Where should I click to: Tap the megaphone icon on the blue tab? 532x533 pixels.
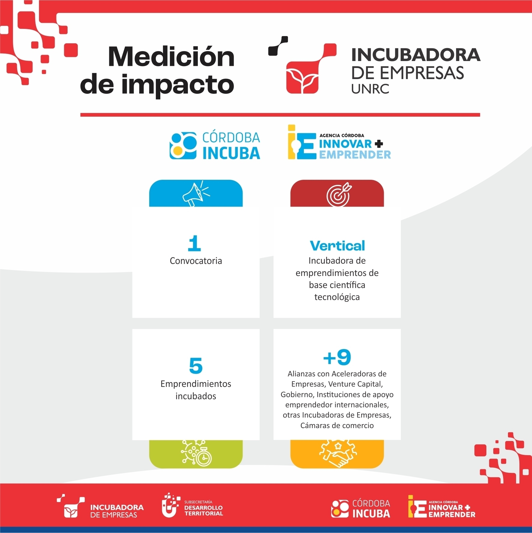coord(196,194)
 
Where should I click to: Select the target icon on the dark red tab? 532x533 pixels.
coord(339,195)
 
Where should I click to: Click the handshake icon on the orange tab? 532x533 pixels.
coord(338,454)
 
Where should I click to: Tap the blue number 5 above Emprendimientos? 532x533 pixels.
coord(196,366)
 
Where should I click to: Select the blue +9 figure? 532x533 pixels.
coord(337,357)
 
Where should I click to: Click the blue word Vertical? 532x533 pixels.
coord(337,246)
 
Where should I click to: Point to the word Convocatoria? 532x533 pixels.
coord(196,261)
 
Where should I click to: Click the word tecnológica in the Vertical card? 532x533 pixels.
coord(337,297)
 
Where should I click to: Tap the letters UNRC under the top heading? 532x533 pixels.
coord(370,89)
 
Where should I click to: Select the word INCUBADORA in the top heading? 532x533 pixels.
coord(416,55)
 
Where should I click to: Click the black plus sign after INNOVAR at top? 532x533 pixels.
coord(379,143)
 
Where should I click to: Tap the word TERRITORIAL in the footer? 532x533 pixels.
coord(204,513)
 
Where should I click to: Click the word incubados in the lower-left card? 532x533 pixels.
coord(196,396)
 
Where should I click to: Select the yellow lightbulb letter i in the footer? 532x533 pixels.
coord(411,506)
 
